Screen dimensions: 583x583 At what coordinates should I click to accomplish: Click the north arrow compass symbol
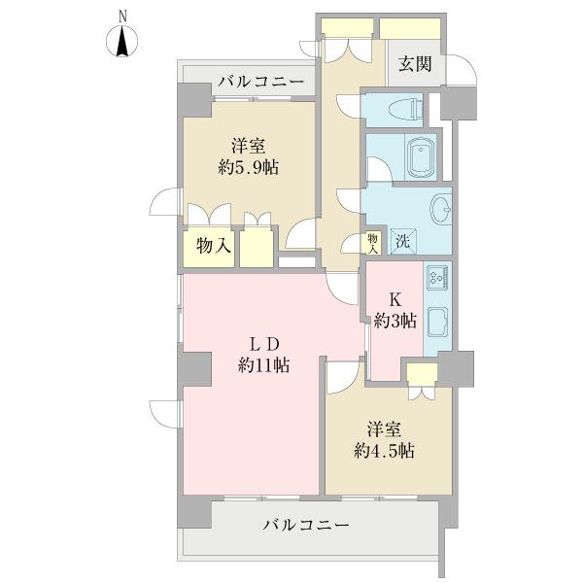[122, 43]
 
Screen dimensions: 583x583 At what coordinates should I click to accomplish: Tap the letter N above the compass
[122, 15]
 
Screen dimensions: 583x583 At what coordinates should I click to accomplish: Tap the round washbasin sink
[440, 208]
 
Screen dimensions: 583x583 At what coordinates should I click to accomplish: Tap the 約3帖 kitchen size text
[396, 320]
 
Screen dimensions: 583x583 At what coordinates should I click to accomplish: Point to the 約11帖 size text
[262, 366]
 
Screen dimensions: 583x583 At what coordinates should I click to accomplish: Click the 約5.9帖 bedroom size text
[249, 167]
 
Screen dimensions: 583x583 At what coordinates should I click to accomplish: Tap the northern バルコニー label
[260, 82]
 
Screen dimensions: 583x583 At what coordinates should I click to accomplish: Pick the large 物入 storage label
[213, 247]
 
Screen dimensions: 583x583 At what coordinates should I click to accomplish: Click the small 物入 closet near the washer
[372, 242]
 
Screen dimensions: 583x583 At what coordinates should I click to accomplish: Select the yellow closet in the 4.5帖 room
[422, 374]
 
